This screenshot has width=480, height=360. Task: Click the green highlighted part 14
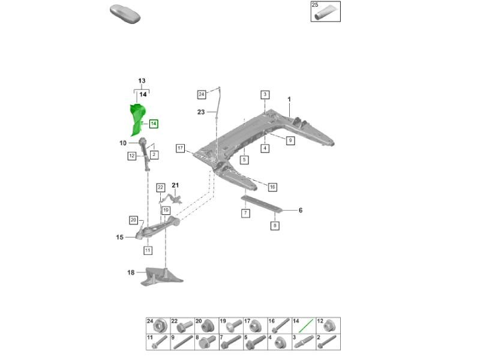tap(137, 119)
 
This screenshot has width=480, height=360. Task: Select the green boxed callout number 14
tap(154, 124)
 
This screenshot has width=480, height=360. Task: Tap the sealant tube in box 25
tap(325, 13)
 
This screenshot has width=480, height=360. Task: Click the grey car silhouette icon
tap(125, 14)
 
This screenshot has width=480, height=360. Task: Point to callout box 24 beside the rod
tap(202, 94)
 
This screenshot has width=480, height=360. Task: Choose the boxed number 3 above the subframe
tap(265, 94)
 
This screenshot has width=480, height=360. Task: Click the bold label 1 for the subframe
tap(289, 99)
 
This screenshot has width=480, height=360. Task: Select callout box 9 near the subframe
tap(290, 140)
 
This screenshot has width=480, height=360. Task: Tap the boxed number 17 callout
tap(181, 148)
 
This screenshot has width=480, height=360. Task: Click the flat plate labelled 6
tap(262, 203)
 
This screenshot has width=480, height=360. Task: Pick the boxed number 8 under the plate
tap(275, 226)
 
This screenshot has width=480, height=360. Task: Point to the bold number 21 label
tap(175, 185)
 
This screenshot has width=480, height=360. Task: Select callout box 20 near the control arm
tap(133, 220)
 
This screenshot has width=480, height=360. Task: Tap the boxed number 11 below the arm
tap(148, 250)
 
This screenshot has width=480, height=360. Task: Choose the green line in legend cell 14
tap(306, 326)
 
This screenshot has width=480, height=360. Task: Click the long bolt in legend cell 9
tap(184, 342)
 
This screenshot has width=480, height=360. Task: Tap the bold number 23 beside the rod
tap(201, 112)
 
